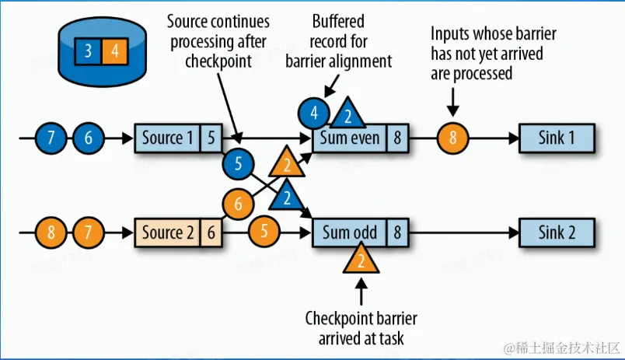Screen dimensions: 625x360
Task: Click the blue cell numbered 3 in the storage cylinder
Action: [88, 51]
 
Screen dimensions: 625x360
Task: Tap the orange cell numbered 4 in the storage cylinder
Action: [115, 51]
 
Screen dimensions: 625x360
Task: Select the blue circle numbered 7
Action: [51, 138]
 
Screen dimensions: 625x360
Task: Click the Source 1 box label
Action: [167, 138]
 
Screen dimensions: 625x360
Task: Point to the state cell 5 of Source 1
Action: [211, 138]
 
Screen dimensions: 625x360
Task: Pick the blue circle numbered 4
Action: [314, 114]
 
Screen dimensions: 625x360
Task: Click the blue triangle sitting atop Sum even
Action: [348, 114]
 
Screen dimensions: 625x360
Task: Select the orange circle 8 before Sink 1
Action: [452, 138]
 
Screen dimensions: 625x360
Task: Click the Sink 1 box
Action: [557, 138]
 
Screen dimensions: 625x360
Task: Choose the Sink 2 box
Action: [557, 232]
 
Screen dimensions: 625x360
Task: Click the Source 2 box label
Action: [167, 232]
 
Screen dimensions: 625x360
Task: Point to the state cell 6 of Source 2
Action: [211, 232]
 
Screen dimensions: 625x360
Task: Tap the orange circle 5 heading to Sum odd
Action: [264, 231]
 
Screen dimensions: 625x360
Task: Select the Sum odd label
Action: [350, 232]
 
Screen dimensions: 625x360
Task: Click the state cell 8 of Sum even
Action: [397, 138]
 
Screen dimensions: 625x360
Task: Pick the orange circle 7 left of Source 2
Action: [88, 232]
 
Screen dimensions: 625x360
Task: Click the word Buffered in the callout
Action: [338, 22]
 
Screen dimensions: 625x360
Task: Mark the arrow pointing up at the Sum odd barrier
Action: [361, 292]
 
